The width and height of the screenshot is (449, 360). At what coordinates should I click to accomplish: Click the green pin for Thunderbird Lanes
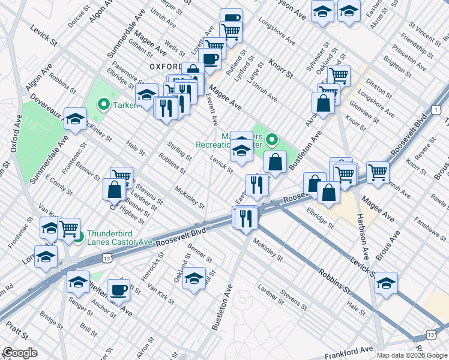pos(79,234)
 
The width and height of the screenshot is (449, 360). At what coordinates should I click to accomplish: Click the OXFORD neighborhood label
pos(165,66)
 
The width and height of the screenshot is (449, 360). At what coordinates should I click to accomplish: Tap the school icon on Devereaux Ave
pos(76,119)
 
